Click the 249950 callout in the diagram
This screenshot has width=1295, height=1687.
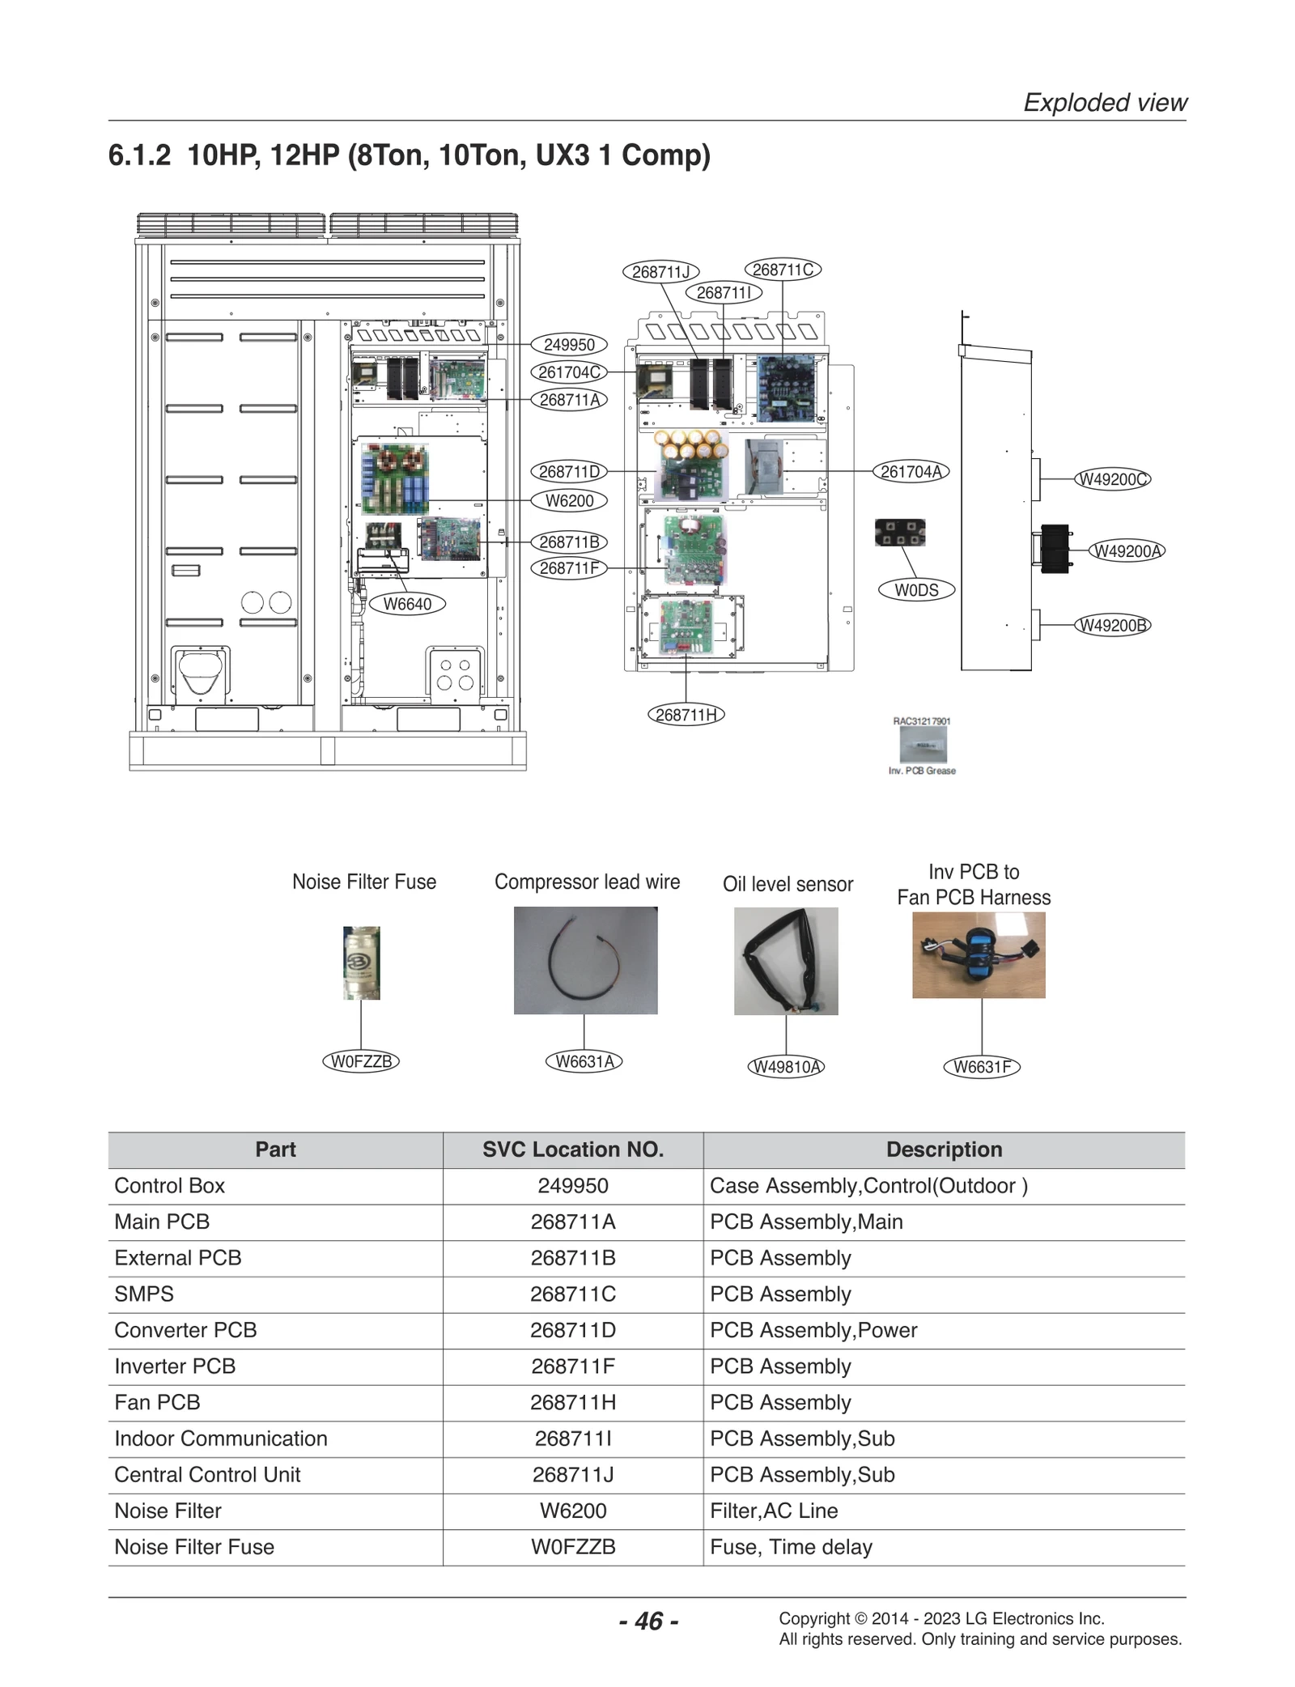click(x=569, y=345)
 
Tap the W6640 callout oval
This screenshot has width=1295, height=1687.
click(x=407, y=604)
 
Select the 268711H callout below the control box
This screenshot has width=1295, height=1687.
click(x=686, y=715)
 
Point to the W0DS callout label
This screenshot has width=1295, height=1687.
click(x=916, y=590)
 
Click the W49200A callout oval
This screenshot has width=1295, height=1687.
click(x=1127, y=551)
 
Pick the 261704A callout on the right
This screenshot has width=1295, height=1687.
click(x=911, y=472)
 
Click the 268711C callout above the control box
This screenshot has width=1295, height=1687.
click(x=782, y=270)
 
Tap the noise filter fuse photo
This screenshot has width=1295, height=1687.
click(x=361, y=962)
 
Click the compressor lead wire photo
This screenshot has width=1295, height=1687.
click(x=585, y=960)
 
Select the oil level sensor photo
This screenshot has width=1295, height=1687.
click(x=786, y=961)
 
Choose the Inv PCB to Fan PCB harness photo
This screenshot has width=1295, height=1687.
click(x=979, y=955)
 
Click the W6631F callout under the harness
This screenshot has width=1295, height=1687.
click(x=982, y=1067)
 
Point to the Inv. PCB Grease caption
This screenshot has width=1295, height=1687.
click(x=922, y=771)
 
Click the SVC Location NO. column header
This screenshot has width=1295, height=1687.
click(x=573, y=1149)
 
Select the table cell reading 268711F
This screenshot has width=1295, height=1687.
click(x=573, y=1366)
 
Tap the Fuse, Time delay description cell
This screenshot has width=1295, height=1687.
click(x=791, y=1547)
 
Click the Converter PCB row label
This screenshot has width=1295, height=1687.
click(x=185, y=1330)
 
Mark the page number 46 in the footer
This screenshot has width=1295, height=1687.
click(x=648, y=1621)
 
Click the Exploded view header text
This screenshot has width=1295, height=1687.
click(x=1105, y=103)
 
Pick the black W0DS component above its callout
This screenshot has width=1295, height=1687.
click(x=900, y=533)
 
